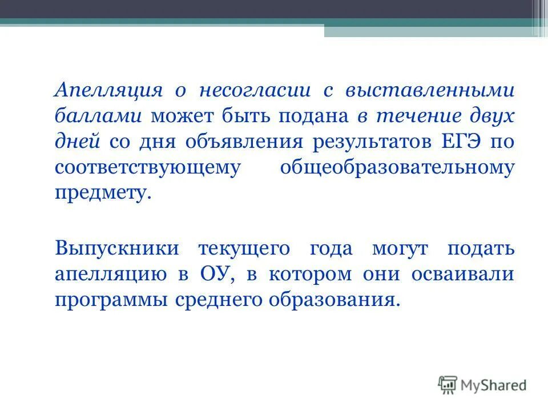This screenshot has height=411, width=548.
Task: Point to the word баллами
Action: [99, 116]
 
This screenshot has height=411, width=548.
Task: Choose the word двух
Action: [491, 116]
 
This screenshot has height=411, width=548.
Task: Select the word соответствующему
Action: [146, 168]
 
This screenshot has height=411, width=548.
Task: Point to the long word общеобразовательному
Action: [397, 168]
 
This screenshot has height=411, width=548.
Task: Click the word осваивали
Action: [462, 275]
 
